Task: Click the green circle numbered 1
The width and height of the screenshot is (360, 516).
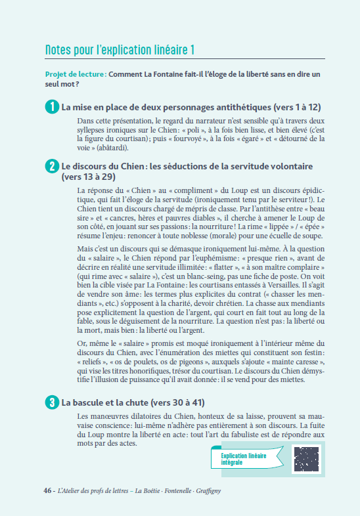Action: click(52, 106)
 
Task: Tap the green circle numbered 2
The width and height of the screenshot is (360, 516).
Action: click(52, 167)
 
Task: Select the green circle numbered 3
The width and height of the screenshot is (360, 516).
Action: click(52, 402)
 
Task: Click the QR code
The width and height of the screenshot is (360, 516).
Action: click(305, 459)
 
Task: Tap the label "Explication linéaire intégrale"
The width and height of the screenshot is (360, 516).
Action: click(240, 458)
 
